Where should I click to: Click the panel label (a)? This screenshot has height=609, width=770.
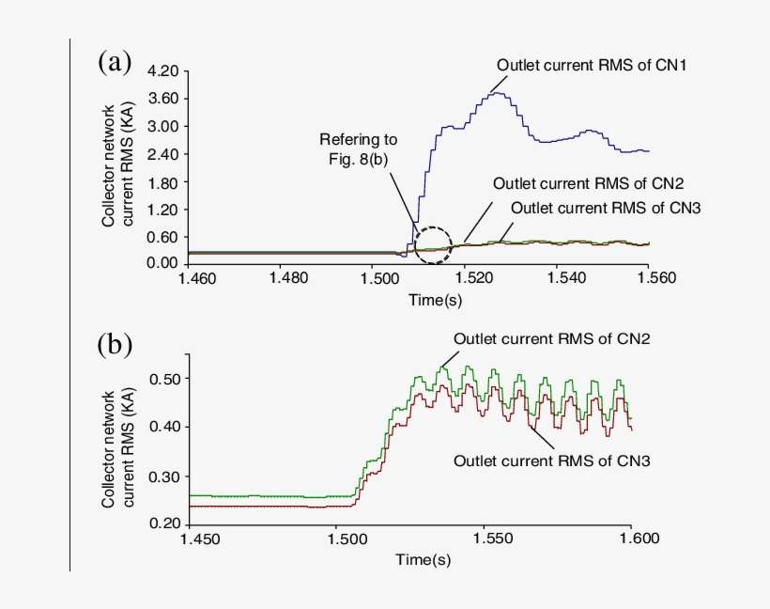(114, 64)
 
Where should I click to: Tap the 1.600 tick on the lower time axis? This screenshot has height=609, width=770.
(631, 539)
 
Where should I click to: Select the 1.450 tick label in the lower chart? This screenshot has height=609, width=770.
(199, 539)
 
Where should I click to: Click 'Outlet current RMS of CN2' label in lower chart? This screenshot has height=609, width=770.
(539, 338)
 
